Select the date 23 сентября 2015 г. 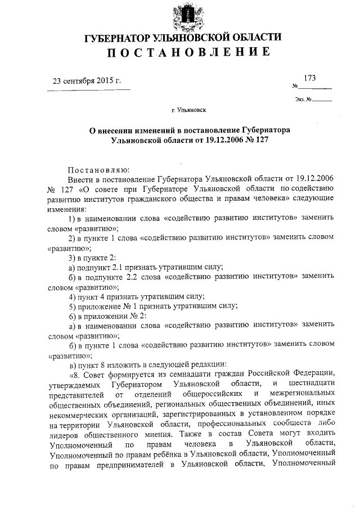pyautogui.click(x=87, y=80)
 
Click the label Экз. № pyautogui.click(x=303, y=100)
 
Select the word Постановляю pyautogui.click(x=99, y=168)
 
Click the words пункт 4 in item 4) pyautogui.click(x=93, y=296)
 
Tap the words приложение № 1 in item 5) pyautogui.click(x=109, y=306)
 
